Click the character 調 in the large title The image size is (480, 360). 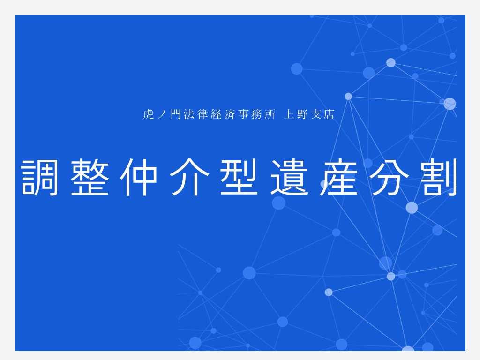[40, 177]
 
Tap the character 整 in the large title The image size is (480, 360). [90, 177]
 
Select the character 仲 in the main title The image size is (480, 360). [139, 177]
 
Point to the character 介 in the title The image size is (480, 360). [189, 177]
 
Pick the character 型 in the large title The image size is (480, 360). [239, 177]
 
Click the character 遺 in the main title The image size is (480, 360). [289, 177]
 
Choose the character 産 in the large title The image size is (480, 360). [339, 177]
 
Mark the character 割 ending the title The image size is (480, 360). [438, 177]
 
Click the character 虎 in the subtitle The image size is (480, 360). [149, 114]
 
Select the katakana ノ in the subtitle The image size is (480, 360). [162, 114]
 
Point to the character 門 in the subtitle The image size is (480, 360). [176, 114]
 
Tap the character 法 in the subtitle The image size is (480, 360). [189, 114]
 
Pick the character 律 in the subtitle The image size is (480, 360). [202, 114]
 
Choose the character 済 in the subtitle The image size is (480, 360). [230, 114]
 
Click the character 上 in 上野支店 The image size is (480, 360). [289, 114]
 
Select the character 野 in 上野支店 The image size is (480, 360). [302, 114]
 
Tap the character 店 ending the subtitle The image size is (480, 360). [329, 114]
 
